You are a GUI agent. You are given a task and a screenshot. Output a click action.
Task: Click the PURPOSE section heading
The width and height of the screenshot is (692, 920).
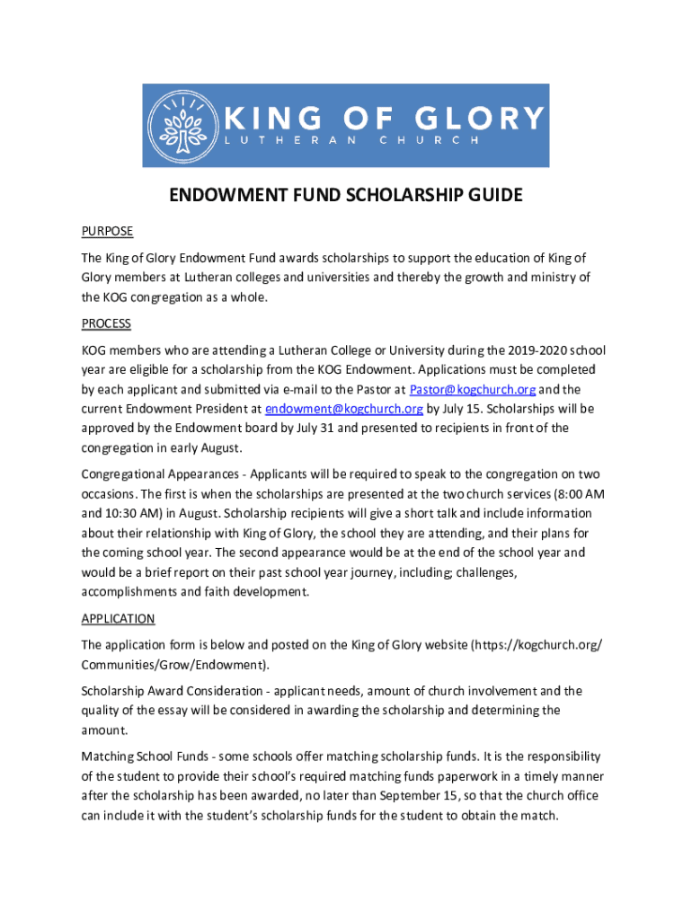(107, 231)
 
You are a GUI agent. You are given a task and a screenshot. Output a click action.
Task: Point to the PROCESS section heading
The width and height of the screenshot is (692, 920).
(106, 323)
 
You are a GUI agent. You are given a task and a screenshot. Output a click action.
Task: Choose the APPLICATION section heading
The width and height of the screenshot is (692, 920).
(118, 619)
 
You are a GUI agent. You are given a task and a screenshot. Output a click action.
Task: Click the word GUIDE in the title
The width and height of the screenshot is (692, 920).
(490, 196)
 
